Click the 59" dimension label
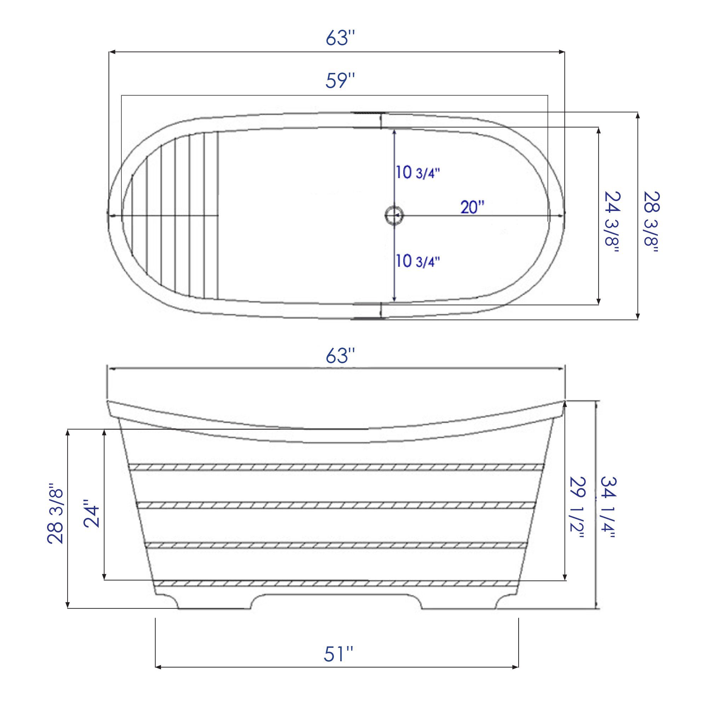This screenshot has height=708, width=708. click(340, 81)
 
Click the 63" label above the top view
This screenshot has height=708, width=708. click(340, 38)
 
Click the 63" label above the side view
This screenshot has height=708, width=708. click(340, 356)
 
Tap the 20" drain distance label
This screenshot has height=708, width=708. click(472, 207)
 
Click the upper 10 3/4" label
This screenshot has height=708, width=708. click(417, 173)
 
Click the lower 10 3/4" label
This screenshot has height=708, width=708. click(417, 261)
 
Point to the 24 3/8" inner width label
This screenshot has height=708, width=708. click(612, 221)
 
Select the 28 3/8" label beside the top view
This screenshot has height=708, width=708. click(651, 221)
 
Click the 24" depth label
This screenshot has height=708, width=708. click(91, 513)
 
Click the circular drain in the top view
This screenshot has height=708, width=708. click(394, 216)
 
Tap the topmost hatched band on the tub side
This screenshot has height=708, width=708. click(336, 467)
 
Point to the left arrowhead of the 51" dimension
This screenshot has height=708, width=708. click(158, 667)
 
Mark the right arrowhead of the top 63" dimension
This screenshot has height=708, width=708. click(561, 52)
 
